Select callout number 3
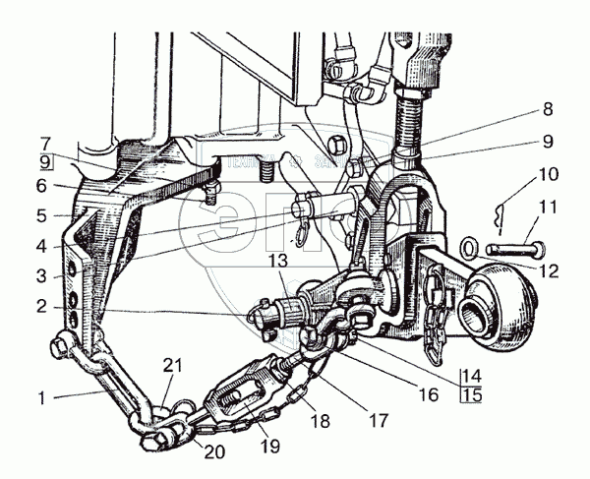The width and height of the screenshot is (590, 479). (x=41, y=275)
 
